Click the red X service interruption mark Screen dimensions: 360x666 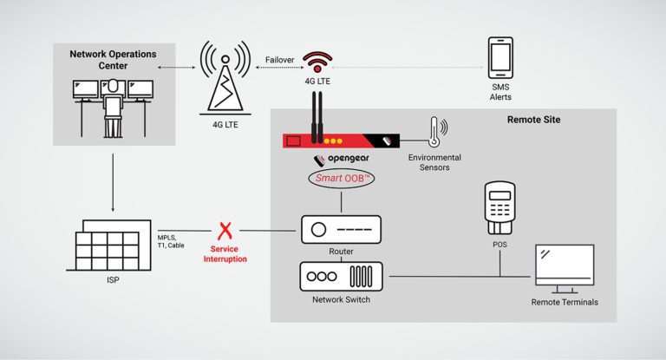[227, 232]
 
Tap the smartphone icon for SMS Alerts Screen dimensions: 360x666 [500, 57]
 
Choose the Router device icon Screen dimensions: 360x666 [340, 230]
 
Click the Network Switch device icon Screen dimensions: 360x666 [340, 276]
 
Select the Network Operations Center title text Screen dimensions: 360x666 [112, 60]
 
